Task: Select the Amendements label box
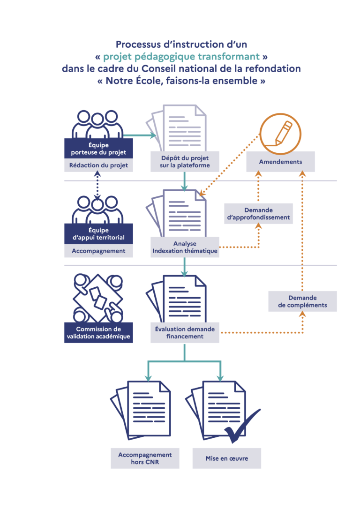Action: coord(280,162)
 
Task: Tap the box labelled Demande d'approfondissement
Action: coord(258,214)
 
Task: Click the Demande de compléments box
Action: coord(302,301)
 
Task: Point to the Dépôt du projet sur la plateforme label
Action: coord(185,161)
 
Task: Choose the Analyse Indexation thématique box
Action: coord(185,247)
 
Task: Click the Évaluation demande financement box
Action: coord(185,332)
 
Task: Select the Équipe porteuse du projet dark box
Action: coord(99,149)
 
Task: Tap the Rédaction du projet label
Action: coord(99,165)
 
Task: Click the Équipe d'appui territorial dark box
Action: coord(99,234)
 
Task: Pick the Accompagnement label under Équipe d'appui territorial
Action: coord(99,251)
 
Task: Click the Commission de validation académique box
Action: coord(99,332)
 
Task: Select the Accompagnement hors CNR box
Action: coord(145,458)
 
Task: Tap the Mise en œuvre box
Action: coord(226,458)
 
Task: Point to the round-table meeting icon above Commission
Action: coord(98,298)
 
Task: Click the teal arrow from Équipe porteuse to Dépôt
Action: coord(140,135)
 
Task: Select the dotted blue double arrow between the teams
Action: coord(97,185)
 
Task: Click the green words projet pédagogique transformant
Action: coord(181,57)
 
